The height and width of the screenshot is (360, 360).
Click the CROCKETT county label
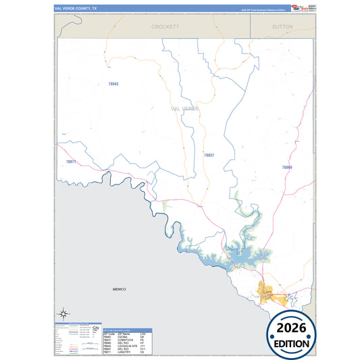point(165,27)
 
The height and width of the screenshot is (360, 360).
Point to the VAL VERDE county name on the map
point(186,108)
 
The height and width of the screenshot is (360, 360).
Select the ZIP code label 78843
point(113,84)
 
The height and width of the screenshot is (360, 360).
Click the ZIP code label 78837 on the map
point(209,155)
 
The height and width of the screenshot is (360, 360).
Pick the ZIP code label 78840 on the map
point(287,167)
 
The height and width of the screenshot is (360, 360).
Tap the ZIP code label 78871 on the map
point(72,162)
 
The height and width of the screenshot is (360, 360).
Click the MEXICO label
point(119,289)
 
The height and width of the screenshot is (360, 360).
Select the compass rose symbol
point(63,313)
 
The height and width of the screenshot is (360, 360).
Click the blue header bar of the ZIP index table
point(126,330)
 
